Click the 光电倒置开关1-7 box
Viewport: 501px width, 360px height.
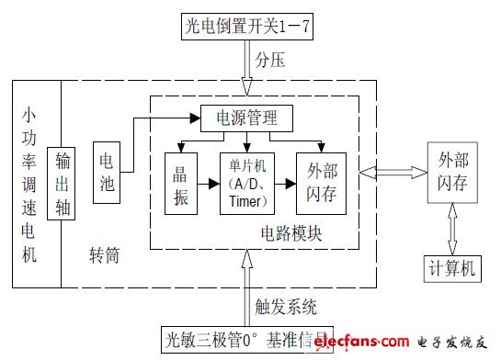(x=247, y=28)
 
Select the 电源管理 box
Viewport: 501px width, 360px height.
(x=246, y=118)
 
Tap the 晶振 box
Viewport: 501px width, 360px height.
(x=180, y=182)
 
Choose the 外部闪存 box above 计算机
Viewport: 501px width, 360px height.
(x=455, y=173)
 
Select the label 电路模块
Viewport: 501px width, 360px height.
(x=291, y=232)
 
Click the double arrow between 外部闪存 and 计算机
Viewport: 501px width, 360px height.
(x=450, y=226)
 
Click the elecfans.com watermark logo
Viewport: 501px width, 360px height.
(x=404, y=343)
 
